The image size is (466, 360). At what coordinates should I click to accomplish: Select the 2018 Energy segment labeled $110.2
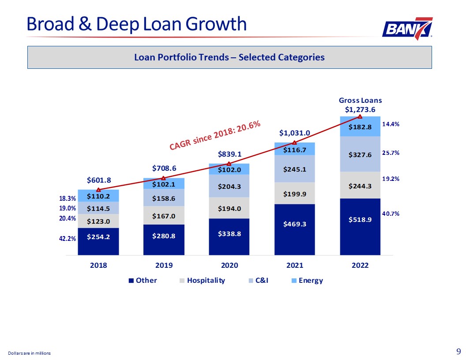pyautogui.click(x=98, y=195)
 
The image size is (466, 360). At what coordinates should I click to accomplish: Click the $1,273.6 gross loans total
pyautogui.click(x=360, y=109)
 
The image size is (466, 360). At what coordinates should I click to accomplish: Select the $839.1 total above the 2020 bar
pyautogui.click(x=229, y=154)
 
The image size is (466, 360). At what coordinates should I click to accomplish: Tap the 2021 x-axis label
pyautogui.click(x=295, y=266)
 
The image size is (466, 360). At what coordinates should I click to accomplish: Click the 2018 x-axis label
pyautogui.click(x=98, y=266)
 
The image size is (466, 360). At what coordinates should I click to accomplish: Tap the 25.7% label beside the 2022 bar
pyautogui.click(x=391, y=153)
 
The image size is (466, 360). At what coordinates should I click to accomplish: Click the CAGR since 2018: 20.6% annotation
pyautogui.click(x=214, y=135)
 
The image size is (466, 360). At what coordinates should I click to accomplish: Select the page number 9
pyautogui.click(x=458, y=352)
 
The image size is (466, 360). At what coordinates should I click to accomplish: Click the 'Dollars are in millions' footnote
pyautogui.click(x=29, y=353)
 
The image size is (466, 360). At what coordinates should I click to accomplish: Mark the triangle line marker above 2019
pyautogui.click(x=164, y=178)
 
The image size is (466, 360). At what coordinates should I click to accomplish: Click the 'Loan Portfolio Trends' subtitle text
pyautogui.click(x=229, y=57)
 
